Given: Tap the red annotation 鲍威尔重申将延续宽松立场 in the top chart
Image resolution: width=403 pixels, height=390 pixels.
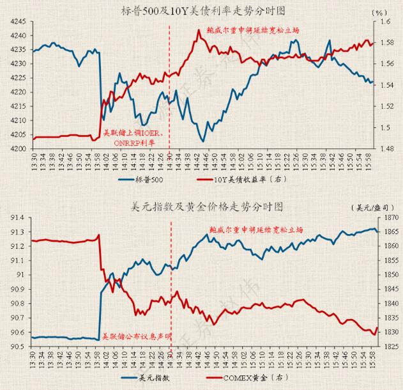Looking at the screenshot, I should click(254, 29).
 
